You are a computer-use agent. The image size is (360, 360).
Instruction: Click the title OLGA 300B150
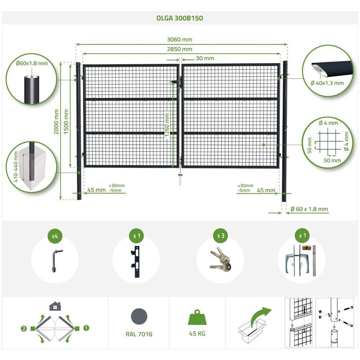click(x=180, y=18)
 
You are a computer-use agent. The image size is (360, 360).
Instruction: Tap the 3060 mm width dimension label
click(x=180, y=40)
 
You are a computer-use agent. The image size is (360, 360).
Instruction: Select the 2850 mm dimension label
click(x=180, y=49)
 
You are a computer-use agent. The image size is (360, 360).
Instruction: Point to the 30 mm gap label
click(x=205, y=58)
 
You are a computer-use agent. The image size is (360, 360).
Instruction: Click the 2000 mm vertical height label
click(x=57, y=122)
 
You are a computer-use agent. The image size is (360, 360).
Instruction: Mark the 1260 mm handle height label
click(x=167, y=125)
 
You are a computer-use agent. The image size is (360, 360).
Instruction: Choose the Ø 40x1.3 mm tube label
click(x=327, y=83)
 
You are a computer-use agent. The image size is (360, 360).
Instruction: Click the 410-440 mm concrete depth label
click(x=16, y=167)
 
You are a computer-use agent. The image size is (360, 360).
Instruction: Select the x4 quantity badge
click(x=55, y=236)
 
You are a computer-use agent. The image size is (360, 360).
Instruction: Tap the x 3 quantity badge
click(x=221, y=235)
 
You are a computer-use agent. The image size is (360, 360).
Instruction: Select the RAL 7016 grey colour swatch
click(x=139, y=317)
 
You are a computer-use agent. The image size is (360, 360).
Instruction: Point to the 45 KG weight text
click(x=197, y=334)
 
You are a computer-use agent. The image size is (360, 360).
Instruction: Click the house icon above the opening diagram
click(x=55, y=306)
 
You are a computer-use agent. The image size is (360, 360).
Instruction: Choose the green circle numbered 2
click(x=24, y=329)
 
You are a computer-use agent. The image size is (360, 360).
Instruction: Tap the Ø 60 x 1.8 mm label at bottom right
click(x=309, y=209)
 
